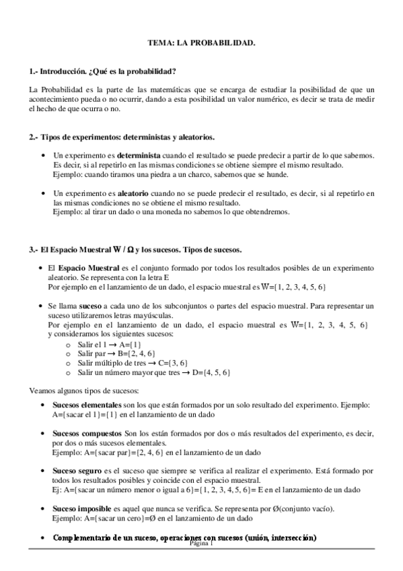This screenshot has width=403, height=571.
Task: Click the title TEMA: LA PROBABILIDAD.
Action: click(201, 43)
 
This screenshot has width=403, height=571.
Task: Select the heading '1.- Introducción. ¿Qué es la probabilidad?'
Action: click(103, 71)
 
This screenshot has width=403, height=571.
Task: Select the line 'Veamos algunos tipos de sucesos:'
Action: click(84, 391)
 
